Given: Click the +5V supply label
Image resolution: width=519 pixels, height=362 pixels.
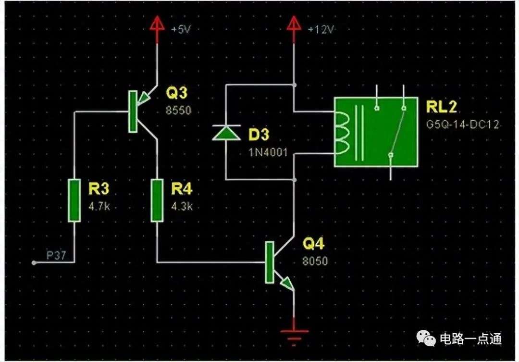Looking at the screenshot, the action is click(x=181, y=29).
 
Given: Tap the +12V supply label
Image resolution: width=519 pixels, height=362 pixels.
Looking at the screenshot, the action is click(x=321, y=29).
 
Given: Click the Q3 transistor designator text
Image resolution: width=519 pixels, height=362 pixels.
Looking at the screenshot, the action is click(x=176, y=93).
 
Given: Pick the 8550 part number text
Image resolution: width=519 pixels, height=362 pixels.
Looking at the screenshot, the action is click(x=178, y=110).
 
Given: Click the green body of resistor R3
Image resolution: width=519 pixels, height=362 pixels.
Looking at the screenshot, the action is click(x=74, y=200).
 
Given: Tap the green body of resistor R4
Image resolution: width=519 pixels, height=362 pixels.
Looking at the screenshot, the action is click(x=157, y=200).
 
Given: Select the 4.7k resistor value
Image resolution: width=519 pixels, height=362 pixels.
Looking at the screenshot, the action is click(x=99, y=207).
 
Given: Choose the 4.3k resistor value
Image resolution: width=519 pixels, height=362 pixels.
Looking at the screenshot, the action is click(x=182, y=207).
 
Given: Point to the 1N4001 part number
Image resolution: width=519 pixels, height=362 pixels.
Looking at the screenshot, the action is click(x=268, y=152).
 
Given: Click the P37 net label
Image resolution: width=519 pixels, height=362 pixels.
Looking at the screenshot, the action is click(x=56, y=255).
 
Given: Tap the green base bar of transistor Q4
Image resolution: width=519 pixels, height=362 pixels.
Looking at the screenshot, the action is click(x=270, y=262).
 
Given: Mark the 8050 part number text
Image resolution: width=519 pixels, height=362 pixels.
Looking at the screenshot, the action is click(x=315, y=261).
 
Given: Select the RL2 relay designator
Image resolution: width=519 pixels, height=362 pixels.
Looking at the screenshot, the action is click(x=441, y=107).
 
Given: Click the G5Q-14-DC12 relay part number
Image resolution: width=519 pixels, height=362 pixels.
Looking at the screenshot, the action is click(x=462, y=125).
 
